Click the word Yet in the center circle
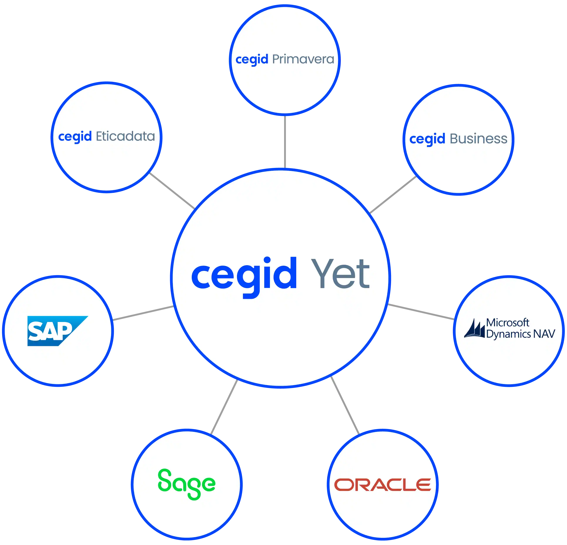click(340, 274)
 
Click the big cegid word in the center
click(244, 275)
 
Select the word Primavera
click(303, 59)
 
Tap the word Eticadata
click(125, 136)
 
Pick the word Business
click(478, 139)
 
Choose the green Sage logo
click(187, 484)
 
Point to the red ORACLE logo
click(382, 485)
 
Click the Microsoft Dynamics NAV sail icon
click(474, 329)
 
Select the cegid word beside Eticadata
click(75, 137)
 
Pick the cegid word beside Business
click(427, 139)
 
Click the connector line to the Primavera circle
click(285, 142)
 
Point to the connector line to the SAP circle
click(143, 313)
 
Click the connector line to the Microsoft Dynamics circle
click(421, 311)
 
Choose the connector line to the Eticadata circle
click(172, 190)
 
